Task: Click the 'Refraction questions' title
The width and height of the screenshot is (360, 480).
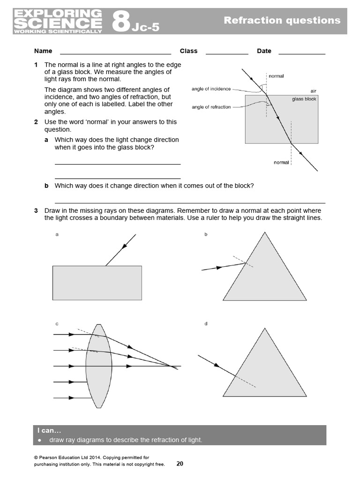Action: coord(282,20)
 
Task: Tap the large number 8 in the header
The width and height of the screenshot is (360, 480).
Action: coord(120,22)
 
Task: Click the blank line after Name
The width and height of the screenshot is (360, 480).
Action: coord(115,53)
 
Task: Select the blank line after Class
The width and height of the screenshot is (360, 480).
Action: coord(227,53)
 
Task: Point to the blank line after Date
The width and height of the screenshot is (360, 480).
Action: coord(301,53)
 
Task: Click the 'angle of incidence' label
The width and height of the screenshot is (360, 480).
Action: coord(211,89)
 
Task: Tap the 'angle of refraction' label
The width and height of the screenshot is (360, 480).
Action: coord(211,107)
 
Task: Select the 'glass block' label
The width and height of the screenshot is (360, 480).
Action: coord(304,99)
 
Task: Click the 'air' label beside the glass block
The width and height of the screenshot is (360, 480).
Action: coord(313,91)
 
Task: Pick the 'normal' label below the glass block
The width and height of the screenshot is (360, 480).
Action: coord(281,162)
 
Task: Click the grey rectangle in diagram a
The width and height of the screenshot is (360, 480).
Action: coord(97,282)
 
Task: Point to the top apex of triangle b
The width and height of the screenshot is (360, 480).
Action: coord(265,232)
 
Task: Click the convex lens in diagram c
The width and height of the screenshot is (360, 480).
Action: coord(98,366)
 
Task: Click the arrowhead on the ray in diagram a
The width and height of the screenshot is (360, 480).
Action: coord(125,246)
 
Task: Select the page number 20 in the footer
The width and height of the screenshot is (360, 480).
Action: coord(180,464)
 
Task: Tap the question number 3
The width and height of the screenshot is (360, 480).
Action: coord(36,211)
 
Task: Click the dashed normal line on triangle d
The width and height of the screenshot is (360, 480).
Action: coord(245,381)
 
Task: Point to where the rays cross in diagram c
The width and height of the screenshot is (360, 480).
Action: coord(172,366)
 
